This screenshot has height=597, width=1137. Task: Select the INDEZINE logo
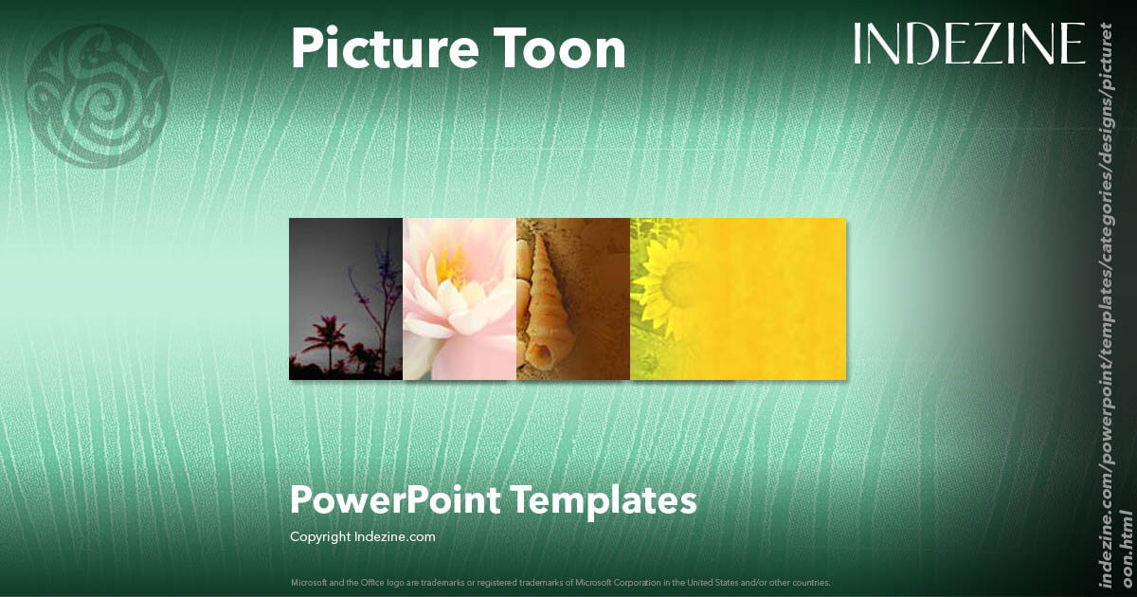968,45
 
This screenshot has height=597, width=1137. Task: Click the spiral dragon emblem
98,96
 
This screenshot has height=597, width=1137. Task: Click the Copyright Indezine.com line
362,536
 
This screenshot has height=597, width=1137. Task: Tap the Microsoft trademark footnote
560,582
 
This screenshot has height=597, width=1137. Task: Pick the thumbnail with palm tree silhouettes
346,298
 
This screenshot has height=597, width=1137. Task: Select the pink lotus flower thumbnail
460,298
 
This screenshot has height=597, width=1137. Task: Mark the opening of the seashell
541,354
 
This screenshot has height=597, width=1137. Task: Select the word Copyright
320,536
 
